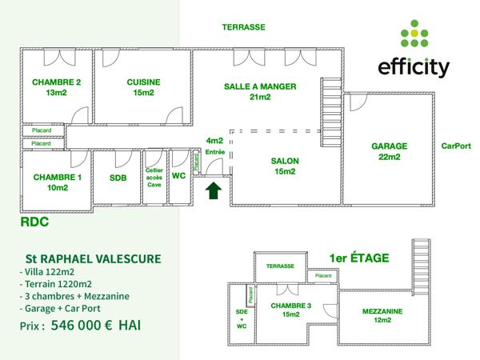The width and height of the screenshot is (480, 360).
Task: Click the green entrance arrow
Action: click(x=214, y=191)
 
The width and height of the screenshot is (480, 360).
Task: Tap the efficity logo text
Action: click(x=414, y=67)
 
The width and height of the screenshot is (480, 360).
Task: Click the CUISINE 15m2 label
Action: click(x=143, y=87)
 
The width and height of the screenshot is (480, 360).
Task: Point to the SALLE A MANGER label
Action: click(x=261, y=91)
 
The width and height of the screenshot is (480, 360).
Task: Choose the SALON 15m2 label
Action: click(x=286, y=165)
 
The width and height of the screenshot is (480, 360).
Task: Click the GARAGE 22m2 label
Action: click(x=390, y=151)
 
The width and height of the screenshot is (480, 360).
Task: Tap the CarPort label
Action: click(x=458, y=146)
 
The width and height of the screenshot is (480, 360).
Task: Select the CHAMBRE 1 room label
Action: click(x=57, y=182)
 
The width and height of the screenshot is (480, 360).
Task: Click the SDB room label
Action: click(x=118, y=178)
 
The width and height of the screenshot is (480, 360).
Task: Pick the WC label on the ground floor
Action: click(x=179, y=176)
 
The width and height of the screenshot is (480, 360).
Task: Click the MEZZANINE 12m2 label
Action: click(x=382, y=315)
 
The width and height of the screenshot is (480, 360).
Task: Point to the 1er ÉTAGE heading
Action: click(x=359, y=258)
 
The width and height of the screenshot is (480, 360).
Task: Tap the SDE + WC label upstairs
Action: click(x=242, y=319)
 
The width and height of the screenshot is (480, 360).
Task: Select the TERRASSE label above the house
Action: click(x=243, y=26)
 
